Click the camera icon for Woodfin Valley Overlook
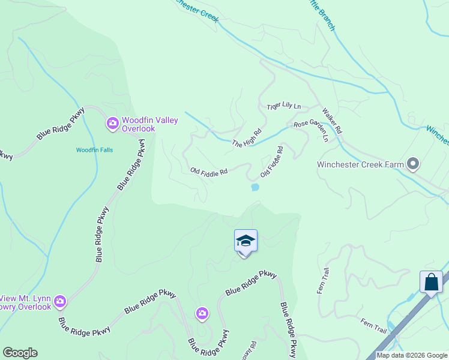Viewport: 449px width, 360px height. pyautogui.click(x=112, y=124)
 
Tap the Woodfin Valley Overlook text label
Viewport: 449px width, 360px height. pyautogui.click(x=150, y=124)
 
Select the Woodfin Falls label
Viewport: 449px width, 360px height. pyautogui.click(x=94, y=150)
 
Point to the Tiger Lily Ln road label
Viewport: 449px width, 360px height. pyautogui.click(x=283, y=107)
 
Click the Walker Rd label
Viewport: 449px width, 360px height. pyautogui.click(x=331, y=121)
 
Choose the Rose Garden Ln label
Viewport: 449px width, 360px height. pyautogui.click(x=311, y=130)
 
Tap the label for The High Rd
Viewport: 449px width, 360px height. pyautogui.click(x=247, y=139)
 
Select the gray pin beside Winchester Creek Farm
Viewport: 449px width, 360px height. pyautogui.click(x=412, y=164)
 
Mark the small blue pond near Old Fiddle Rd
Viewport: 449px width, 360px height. pyautogui.click(x=255, y=187)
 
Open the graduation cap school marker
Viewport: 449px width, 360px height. pyautogui.click(x=246, y=241)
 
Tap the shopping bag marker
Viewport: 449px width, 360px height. pyautogui.click(x=431, y=281)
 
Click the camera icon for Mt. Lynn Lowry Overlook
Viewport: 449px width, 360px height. pyautogui.click(x=59, y=301)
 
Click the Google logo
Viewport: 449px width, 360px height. pyautogui.click(x=20, y=353)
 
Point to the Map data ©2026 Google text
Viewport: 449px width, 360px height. pyautogui.click(x=412, y=356)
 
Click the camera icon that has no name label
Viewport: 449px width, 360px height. pyautogui.click(x=202, y=313)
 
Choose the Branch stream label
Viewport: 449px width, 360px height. pyautogui.click(x=322, y=12)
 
